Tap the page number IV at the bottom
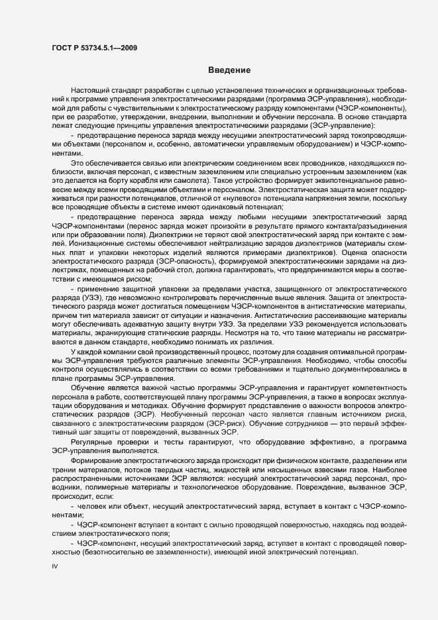[55, 568]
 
